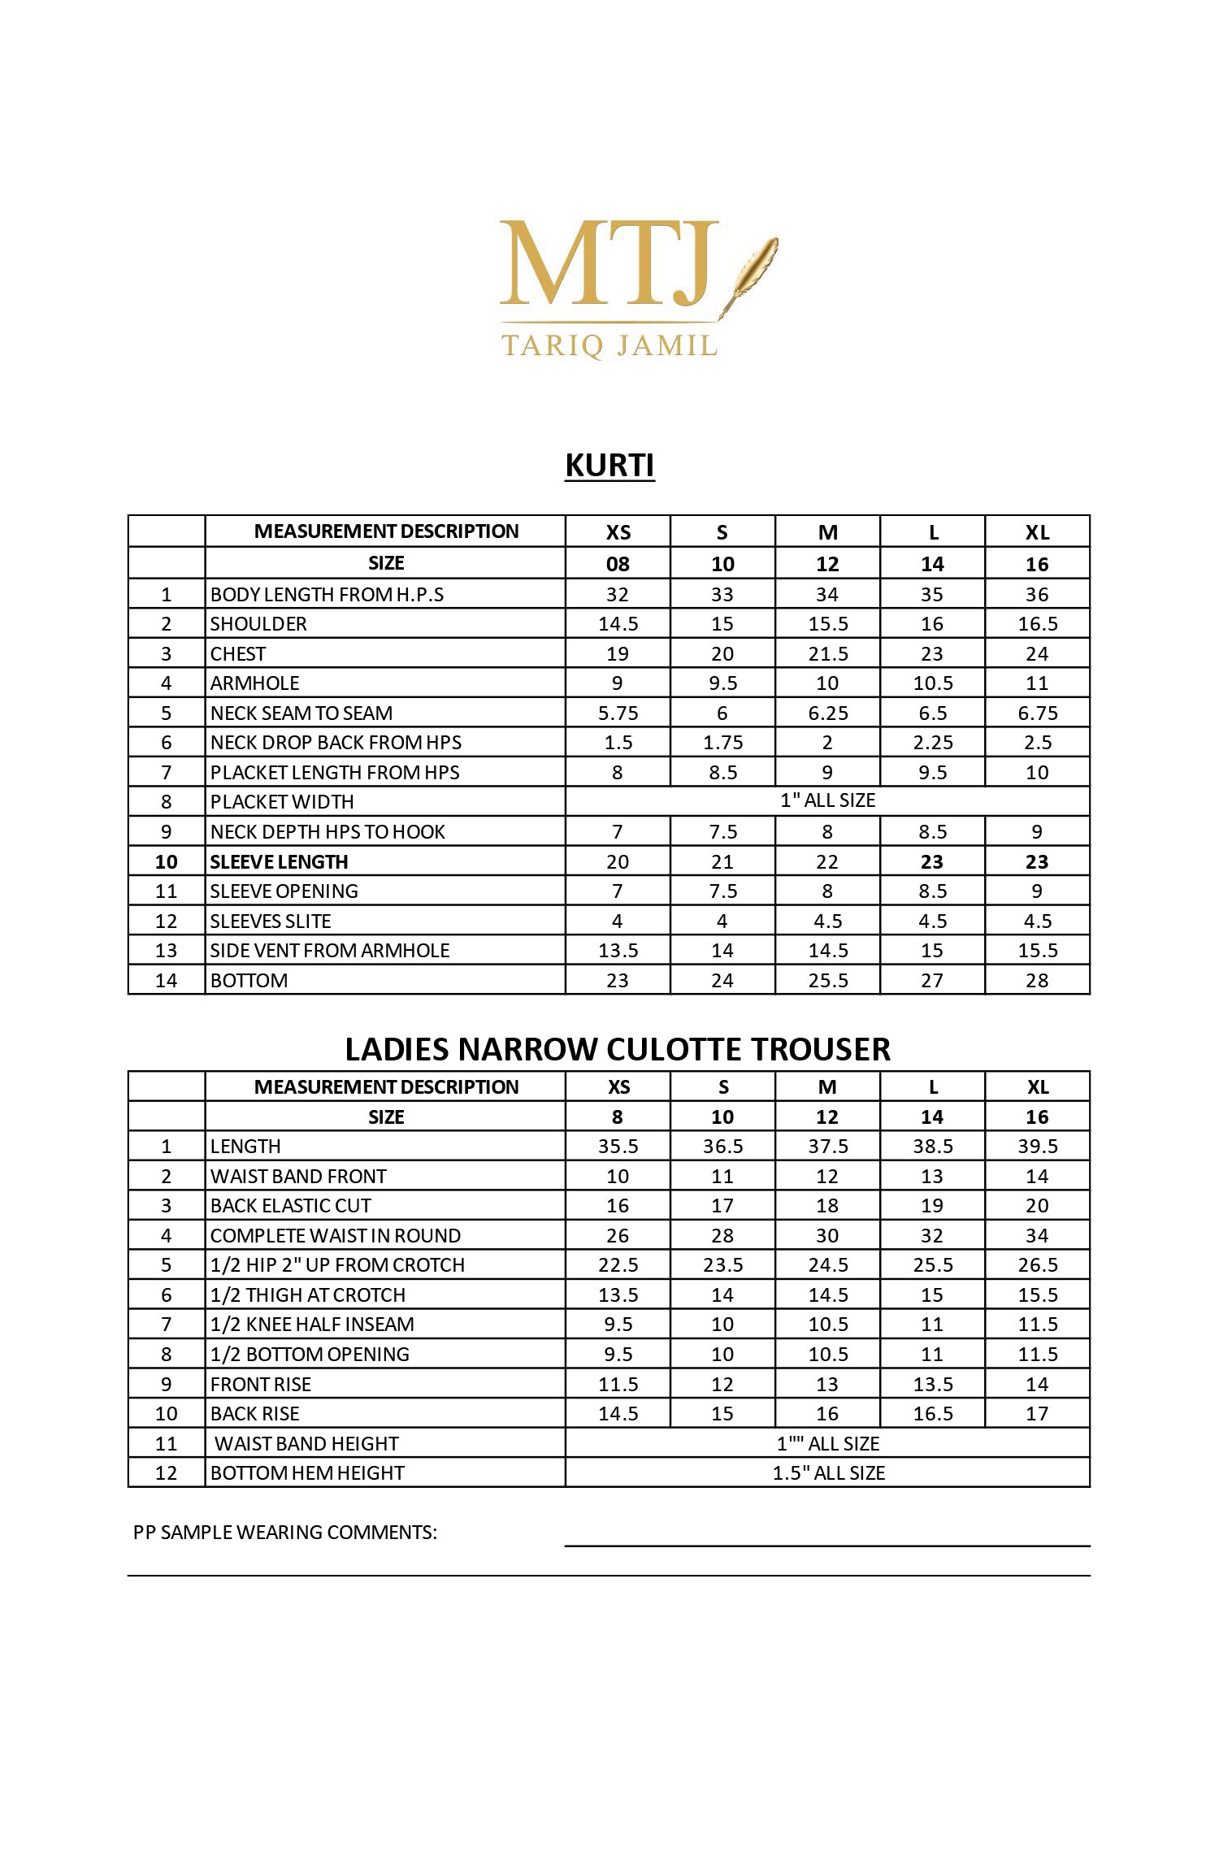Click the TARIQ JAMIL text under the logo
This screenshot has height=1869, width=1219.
[609, 345]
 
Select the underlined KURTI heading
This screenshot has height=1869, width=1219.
[609, 466]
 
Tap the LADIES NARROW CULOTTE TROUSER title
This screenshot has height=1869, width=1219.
[618, 1049]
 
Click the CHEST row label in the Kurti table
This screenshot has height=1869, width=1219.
[238, 654]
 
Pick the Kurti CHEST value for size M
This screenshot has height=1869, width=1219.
[827, 654]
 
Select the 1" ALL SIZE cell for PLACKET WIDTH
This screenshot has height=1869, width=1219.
[827, 800]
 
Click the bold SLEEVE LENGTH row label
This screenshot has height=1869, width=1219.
[279, 861]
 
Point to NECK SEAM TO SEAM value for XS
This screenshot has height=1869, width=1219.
[618, 713]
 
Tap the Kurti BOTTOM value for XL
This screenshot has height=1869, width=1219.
[1037, 980]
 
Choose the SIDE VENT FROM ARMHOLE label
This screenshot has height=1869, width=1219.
[329, 951]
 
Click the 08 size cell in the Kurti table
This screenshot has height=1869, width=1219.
[618, 564]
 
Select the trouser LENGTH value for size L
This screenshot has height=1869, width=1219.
[932, 1147]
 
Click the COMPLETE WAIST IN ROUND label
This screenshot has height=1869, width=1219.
[335, 1236]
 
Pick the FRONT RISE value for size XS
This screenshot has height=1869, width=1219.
[618, 1385]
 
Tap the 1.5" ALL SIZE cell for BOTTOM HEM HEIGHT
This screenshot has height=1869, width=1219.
[827, 1473]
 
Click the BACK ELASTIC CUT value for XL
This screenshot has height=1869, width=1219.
[1037, 1206]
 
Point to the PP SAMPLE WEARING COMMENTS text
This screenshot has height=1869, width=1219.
[284, 1533]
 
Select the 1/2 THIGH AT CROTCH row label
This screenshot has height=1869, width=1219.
[307, 1295]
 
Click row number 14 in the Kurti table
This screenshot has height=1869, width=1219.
[166, 981]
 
